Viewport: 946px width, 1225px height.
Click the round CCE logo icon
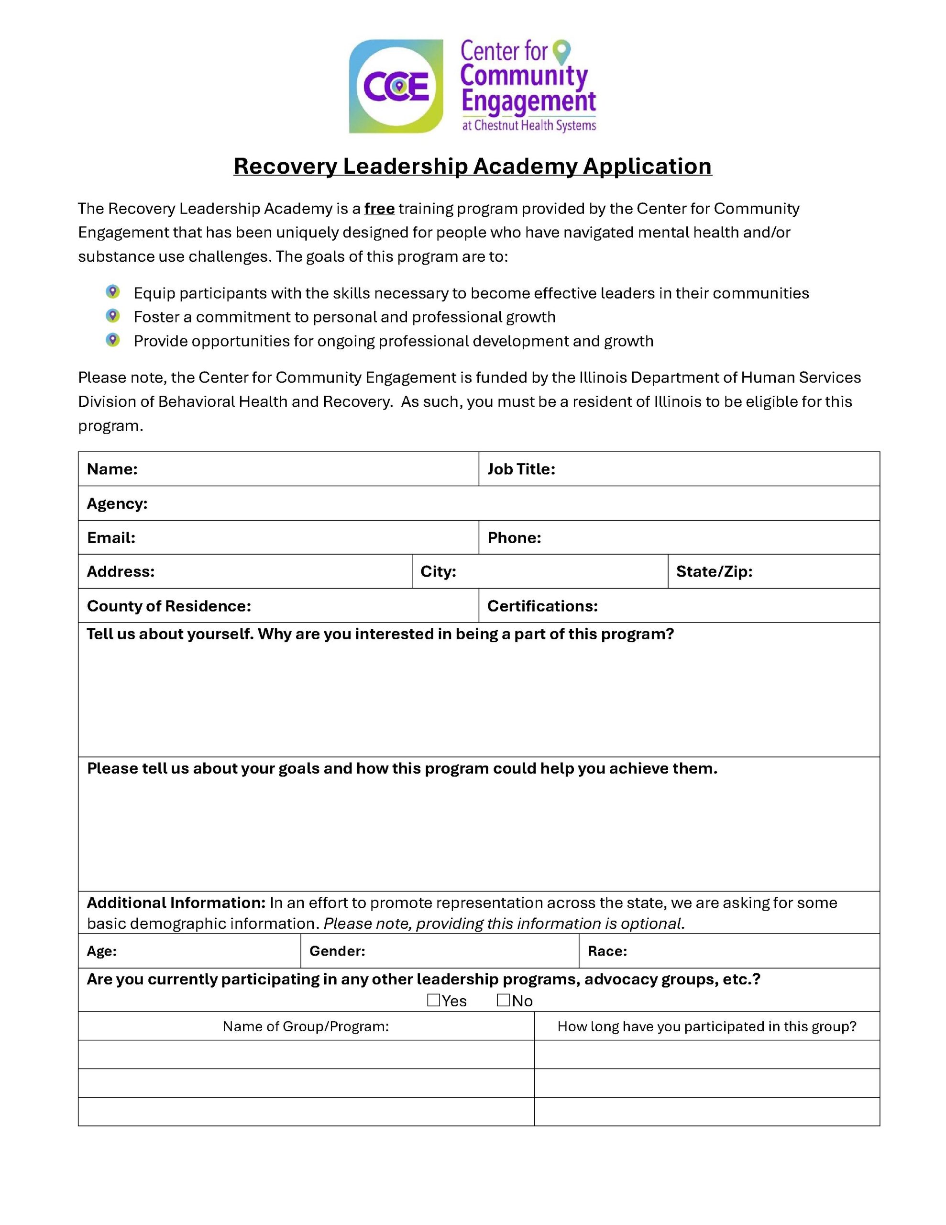pos(396,87)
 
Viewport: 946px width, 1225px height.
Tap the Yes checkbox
pos(433,1000)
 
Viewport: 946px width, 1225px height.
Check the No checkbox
pos(503,1000)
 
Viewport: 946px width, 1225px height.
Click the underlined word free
pos(380,209)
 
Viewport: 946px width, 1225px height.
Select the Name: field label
pos(112,469)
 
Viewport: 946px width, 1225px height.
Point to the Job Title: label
pos(521,469)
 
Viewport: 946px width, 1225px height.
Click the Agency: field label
pos(117,504)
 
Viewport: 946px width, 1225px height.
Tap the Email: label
pos(111,538)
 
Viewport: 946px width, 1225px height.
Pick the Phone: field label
pos(514,538)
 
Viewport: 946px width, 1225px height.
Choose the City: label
pos(438,571)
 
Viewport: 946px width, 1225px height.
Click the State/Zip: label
pos(714,571)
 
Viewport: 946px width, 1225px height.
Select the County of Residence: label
pos(169,606)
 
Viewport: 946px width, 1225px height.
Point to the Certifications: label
pos(542,606)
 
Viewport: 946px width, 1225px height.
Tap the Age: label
pos(101,951)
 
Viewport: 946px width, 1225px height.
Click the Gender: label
pos(337,951)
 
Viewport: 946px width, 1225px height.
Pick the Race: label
pos(607,951)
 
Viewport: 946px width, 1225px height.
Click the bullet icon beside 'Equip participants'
pos(113,292)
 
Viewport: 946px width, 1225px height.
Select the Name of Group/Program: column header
pos(306,1026)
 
